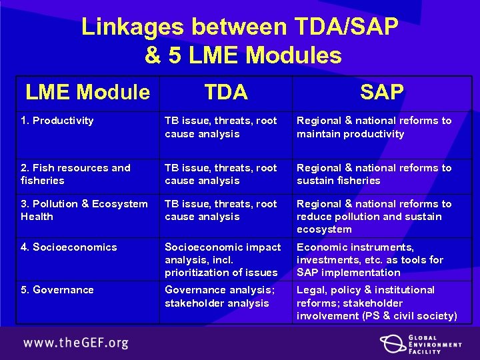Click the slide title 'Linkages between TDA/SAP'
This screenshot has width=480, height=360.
point(240,27)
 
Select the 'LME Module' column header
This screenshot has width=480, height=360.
point(87,92)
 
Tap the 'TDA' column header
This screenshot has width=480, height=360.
point(226,92)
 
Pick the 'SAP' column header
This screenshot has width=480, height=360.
point(381,92)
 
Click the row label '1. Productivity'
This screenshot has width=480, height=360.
point(57,121)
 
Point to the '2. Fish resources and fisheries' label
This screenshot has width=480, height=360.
point(75,174)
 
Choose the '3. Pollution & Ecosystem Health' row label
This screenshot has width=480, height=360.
point(84,210)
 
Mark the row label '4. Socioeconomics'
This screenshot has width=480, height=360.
point(69,247)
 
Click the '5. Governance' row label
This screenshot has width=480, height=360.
point(57,290)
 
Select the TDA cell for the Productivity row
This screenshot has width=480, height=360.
point(221,127)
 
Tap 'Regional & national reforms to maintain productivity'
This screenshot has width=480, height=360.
point(374,127)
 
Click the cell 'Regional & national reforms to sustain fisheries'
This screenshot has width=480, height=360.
point(374,174)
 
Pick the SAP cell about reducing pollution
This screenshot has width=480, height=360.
point(374,217)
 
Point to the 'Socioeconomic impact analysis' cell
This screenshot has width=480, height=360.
point(223,259)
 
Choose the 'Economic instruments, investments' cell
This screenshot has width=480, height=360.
point(370,259)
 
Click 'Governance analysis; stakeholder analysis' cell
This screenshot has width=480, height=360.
point(217,297)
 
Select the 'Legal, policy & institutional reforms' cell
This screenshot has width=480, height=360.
point(377,303)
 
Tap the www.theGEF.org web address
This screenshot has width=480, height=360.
point(76,344)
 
